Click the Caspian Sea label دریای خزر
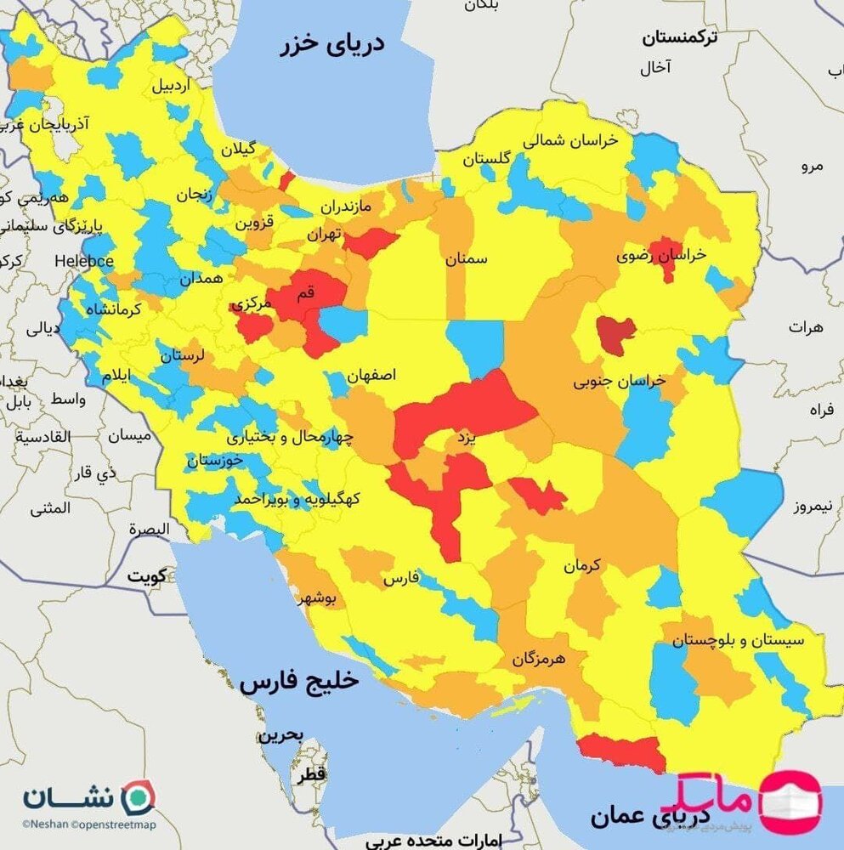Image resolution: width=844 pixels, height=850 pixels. [333, 44]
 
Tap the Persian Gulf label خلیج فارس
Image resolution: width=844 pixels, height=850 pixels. [299, 682]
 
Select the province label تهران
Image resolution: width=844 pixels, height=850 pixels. [324, 232]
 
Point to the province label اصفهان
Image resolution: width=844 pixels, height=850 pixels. [371, 374]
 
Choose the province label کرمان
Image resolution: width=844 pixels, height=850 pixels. [581, 564]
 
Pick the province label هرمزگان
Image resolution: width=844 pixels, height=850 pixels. [538, 658]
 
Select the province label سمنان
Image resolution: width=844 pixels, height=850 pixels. [467, 259]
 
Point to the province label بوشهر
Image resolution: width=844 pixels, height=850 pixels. [317, 598]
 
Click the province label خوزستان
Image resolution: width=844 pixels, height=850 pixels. [215, 460]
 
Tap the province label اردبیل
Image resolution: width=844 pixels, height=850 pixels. [173, 86]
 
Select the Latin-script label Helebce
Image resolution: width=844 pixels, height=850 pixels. [85, 260]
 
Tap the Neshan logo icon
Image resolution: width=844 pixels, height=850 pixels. [136, 798]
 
